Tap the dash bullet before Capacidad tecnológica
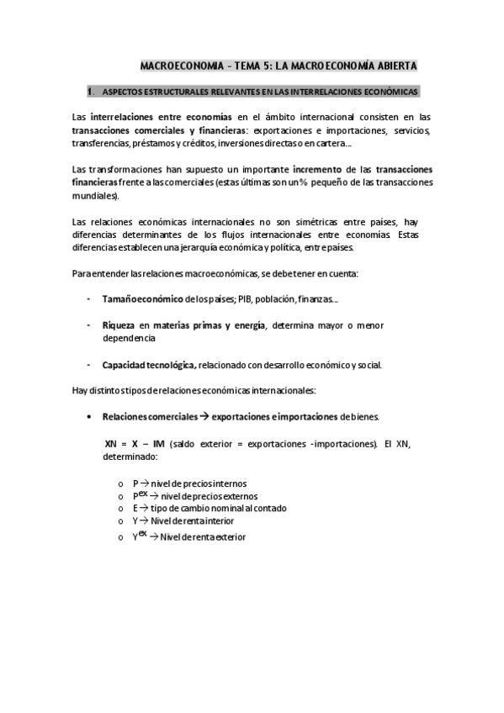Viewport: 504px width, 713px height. click(89, 365)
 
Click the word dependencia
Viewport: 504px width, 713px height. click(128, 337)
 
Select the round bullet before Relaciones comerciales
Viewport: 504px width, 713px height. click(90, 416)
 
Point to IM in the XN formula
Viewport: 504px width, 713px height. click(159, 443)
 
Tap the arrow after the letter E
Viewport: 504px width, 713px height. click(143, 508)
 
